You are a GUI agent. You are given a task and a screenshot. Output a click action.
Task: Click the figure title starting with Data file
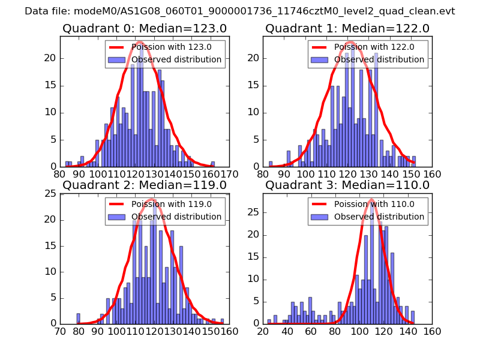click(x=240, y=11)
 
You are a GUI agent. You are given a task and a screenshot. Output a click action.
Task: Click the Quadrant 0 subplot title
click(x=145, y=28)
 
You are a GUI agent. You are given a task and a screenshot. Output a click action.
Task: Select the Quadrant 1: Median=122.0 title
click(x=347, y=28)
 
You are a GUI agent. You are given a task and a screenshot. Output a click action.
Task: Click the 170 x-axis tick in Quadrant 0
click(x=229, y=174)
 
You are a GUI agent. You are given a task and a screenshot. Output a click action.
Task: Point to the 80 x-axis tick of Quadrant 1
click(x=263, y=174)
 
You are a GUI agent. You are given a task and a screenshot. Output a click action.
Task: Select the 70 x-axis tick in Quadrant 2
click(x=60, y=331)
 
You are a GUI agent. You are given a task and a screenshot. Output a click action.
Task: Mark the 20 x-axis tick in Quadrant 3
click(x=263, y=331)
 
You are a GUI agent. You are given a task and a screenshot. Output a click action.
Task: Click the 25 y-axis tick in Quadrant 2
click(x=51, y=193)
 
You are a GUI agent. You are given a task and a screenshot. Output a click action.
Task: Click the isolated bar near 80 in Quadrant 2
click(x=78, y=319)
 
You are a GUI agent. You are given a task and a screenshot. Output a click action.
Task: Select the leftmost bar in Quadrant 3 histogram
click(x=269, y=321)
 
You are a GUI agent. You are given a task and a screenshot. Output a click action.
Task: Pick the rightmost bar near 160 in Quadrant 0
click(x=213, y=164)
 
